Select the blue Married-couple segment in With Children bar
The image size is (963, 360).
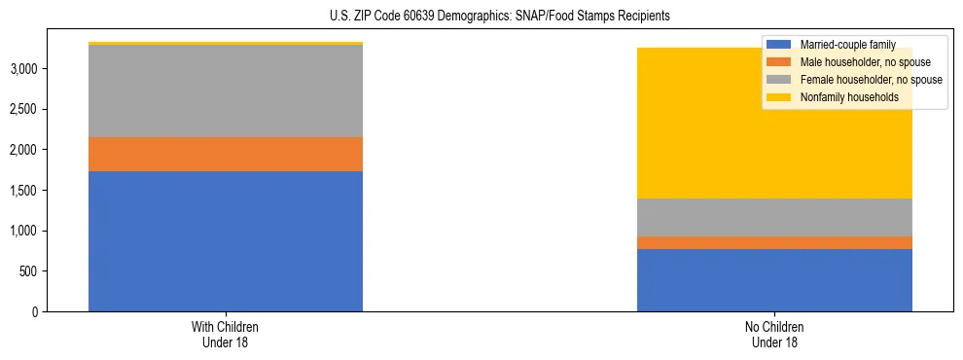(226, 241)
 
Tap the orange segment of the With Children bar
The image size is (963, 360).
(226, 154)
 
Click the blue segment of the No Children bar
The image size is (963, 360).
(774, 280)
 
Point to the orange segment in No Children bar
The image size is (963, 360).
(774, 242)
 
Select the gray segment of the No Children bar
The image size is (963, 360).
(774, 217)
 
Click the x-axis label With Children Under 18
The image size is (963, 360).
(226, 335)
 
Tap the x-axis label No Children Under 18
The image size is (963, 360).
(774, 335)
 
